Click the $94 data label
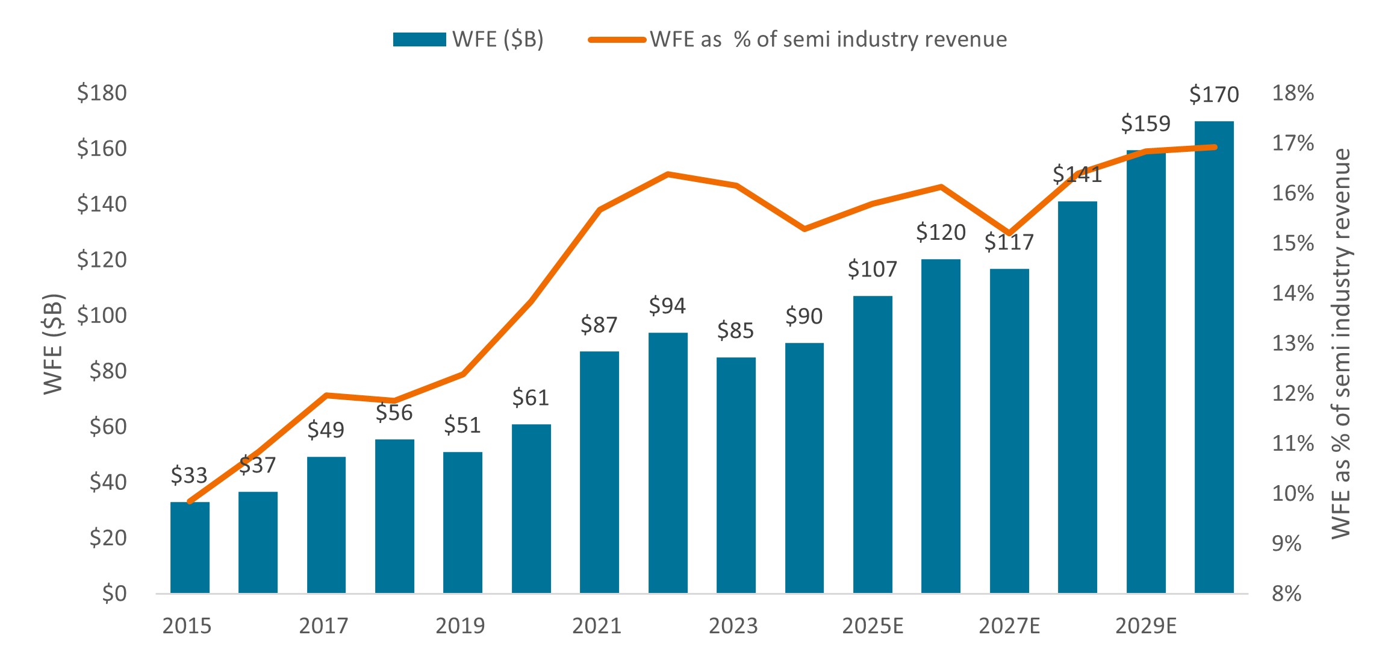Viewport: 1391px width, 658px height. (667, 306)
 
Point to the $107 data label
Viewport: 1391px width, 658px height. (873, 269)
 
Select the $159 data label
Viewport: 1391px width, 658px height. (1145, 124)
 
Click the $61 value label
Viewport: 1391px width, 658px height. (531, 398)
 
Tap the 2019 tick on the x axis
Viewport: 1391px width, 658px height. (460, 627)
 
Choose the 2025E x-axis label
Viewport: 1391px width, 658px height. (873, 627)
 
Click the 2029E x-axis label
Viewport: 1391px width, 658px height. (1145, 627)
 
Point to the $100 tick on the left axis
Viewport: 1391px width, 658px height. (102, 315)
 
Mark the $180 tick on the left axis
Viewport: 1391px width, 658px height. (102, 93)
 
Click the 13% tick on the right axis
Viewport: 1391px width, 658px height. (1293, 343)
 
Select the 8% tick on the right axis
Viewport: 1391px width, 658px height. (1287, 594)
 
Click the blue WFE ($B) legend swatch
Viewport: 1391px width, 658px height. (419, 40)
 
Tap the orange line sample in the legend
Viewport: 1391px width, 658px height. (617, 40)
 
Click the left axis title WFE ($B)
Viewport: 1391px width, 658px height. (53, 343)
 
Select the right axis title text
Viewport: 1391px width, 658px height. (1342, 343)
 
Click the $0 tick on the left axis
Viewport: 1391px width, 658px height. (114, 594)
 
